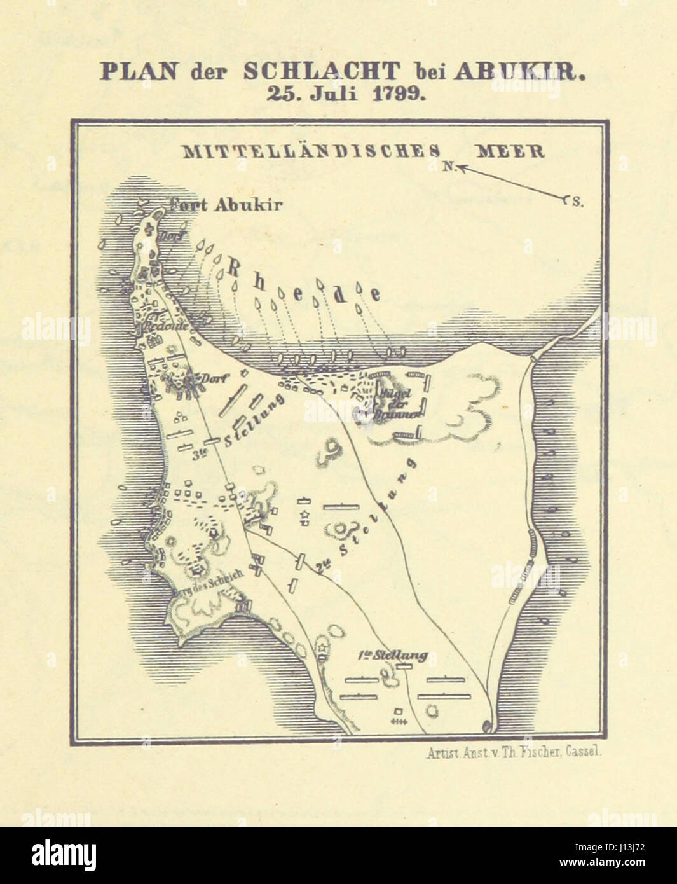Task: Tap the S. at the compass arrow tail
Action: pos(576,202)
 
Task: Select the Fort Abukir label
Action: pos(226,205)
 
